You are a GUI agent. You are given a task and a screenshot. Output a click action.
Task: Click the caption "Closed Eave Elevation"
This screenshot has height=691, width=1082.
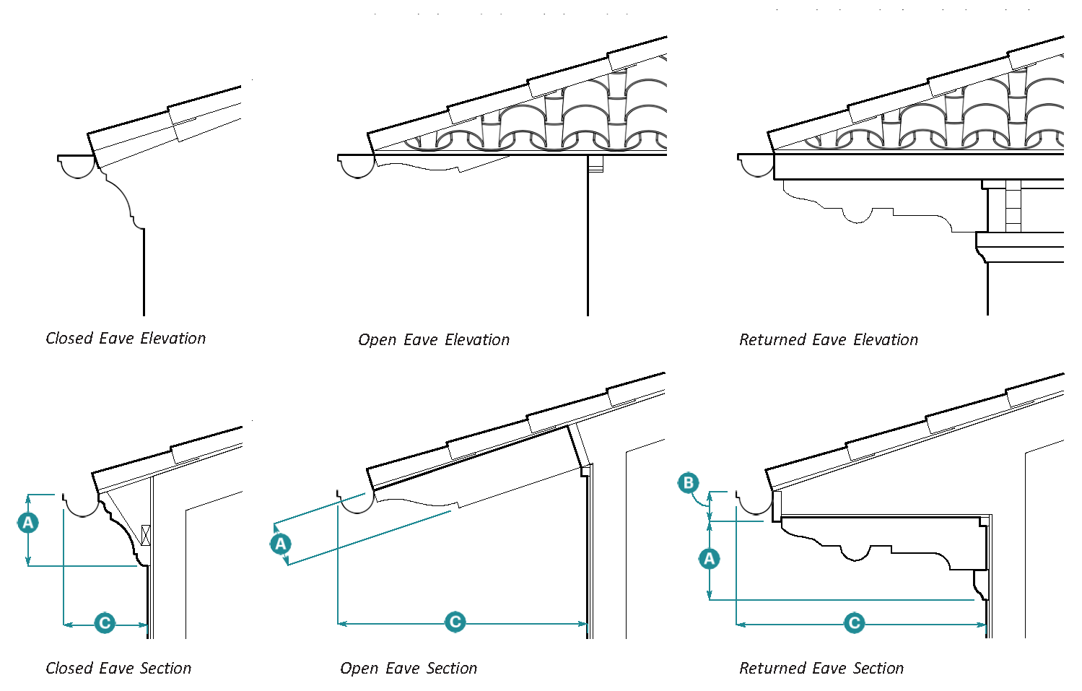click(126, 339)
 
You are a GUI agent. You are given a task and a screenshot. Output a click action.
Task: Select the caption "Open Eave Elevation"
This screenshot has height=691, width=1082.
click(434, 340)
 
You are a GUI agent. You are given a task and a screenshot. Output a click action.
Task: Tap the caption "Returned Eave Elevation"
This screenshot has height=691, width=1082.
click(829, 340)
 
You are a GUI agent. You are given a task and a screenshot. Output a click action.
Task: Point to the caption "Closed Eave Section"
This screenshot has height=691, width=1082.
click(118, 669)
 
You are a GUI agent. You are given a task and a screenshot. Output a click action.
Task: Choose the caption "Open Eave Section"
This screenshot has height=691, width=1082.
click(409, 669)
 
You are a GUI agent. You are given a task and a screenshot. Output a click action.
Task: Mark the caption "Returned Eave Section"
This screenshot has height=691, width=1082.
click(821, 669)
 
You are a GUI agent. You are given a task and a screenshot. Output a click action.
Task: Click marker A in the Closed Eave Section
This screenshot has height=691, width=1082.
click(28, 523)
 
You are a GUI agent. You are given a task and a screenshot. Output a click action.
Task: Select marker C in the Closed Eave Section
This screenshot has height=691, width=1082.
click(105, 623)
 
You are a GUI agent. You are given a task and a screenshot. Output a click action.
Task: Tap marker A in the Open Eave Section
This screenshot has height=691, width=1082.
click(281, 544)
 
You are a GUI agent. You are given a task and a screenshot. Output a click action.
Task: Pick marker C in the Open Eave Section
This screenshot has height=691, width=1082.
click(455, 622)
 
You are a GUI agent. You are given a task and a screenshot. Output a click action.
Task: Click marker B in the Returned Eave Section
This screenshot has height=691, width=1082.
click(689, 483)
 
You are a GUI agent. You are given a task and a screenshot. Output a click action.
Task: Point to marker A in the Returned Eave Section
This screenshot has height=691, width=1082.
click(710, 558)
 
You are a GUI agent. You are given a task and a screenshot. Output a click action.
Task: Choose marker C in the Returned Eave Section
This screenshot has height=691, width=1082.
click(855, 623)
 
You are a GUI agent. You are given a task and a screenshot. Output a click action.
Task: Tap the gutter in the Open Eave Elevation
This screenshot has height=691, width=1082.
click(357, 165)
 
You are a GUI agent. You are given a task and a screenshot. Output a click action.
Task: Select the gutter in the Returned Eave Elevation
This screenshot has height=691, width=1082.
click(756, 165)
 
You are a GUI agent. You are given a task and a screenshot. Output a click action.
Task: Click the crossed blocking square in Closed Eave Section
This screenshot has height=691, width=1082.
click(146, 534)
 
